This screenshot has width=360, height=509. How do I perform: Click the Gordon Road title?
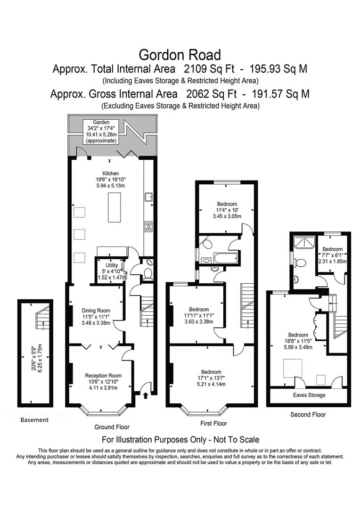(180, 54)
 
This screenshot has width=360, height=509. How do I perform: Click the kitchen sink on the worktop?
(148, 197)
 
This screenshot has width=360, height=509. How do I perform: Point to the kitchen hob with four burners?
(148, 226)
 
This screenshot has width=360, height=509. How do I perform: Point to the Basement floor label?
(34, 419)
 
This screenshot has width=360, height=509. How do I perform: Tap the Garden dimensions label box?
(101, 131)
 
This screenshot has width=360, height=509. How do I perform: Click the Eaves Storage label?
(309, 395)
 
